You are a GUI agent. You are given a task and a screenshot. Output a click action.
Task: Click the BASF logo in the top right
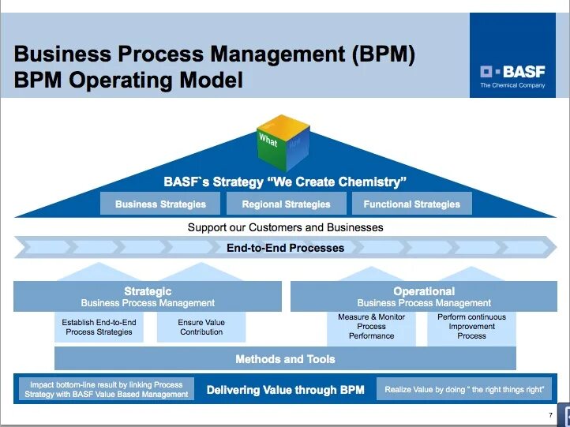[x=513, y=73]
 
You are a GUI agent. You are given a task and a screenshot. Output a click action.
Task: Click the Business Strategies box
[x=160, y=204]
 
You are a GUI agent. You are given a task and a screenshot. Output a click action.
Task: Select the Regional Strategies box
[x=286, y=204]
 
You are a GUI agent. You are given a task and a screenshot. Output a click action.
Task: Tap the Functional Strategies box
[x=411, y=204]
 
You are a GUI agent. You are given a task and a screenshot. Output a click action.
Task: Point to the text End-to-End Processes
[x=285, y=248]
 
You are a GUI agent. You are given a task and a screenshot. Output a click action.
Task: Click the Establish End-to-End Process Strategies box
[x=99, y=327]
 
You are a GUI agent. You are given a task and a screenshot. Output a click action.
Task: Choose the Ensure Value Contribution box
[x=201, y=327]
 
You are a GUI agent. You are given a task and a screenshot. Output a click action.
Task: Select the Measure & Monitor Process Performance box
[x=371, y=327]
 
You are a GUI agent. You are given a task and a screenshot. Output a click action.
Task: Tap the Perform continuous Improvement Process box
[x=471, y=327]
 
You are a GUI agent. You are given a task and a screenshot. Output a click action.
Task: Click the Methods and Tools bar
[x=285, y=359]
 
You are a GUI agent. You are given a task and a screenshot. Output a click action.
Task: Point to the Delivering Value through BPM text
[x=285, y=390]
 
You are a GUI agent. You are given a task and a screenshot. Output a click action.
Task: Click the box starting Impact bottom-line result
[x=107, y=390]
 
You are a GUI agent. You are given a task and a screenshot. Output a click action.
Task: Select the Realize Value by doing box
[x=464, y=390]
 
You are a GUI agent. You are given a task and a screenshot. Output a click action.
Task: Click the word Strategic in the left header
[x=148, y=291]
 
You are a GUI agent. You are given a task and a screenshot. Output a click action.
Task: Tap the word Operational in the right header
[x=424, y=291]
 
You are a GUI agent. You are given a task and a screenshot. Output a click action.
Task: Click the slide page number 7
[x=550, y=415]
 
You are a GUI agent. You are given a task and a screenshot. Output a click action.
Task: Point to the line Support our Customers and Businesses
[x=285, y=227]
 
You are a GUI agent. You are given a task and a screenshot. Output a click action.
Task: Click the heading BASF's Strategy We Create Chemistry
[x=285, y=182]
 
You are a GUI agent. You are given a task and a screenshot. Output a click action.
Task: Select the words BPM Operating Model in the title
[x=129, y=80]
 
